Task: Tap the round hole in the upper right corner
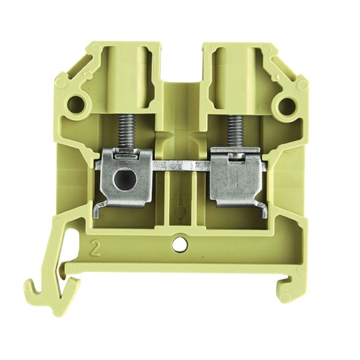[286, 104]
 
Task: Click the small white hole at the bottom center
[180, 245]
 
